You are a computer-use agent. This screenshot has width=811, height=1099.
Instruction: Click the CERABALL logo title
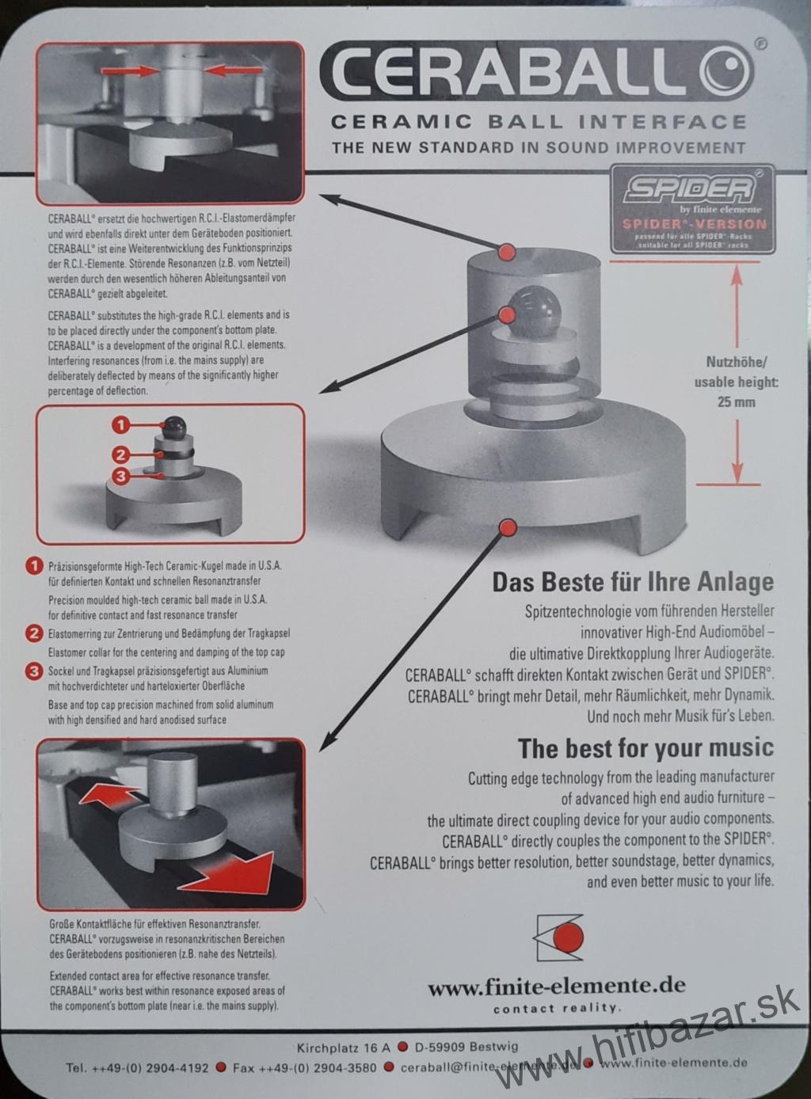click(537, 73)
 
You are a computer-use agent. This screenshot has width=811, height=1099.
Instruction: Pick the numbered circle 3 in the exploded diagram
click(122, 477)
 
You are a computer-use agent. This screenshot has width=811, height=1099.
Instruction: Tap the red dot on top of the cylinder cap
click(506, 253)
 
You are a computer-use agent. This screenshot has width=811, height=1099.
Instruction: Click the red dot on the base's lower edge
click(508, 527)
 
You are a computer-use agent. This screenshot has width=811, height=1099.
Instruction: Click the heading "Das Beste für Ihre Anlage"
click(633, 582)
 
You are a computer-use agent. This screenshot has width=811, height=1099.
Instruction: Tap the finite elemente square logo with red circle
click(558, 937)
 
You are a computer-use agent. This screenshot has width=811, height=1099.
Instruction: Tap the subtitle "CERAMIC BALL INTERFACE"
click(539, 121)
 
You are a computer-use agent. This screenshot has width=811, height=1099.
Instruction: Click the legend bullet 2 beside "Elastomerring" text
click(34, 633)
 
